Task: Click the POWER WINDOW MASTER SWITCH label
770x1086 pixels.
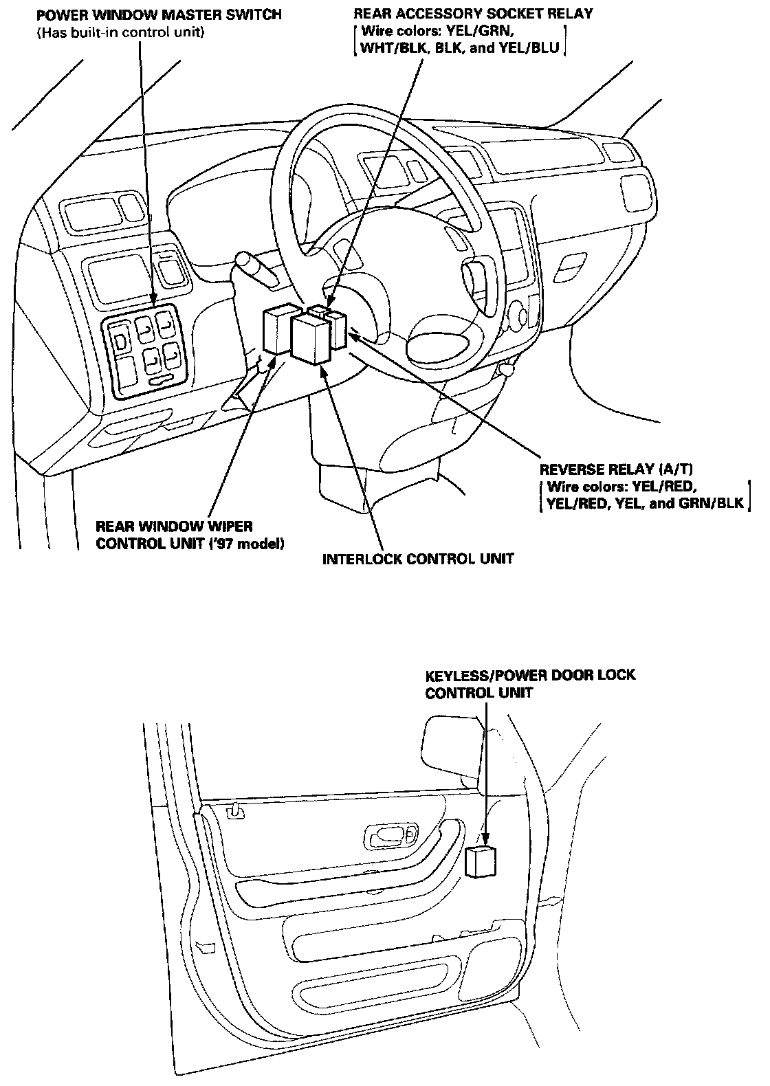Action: [159, 14]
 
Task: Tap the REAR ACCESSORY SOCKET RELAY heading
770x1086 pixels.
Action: [473, 14]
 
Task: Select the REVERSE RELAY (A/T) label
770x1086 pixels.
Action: [615, 470]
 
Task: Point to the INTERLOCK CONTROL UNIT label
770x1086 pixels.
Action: [418, 558]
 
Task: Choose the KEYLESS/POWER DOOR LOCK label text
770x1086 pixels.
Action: [530, 676]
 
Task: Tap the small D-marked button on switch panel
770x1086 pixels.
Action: [121, 341]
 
